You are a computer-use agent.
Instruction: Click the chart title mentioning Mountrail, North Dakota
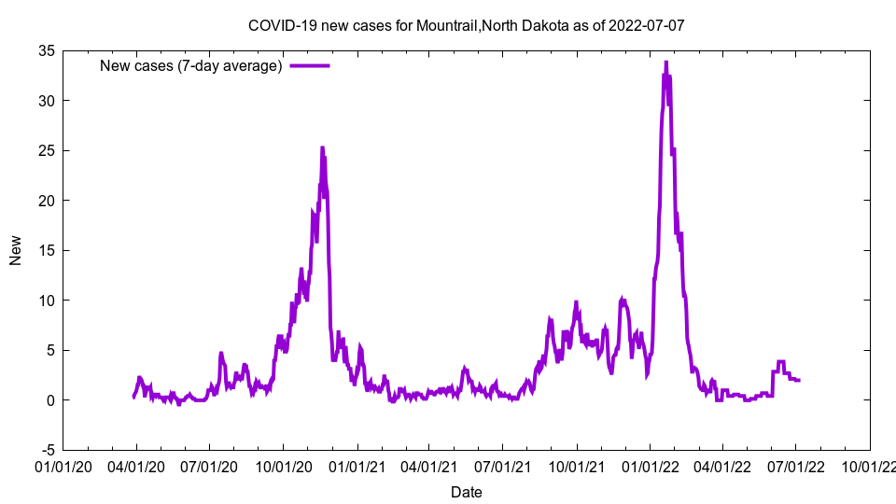466,25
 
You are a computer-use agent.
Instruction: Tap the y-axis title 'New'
16,250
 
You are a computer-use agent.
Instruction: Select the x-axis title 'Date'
466,492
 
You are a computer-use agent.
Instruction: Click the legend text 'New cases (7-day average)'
190,65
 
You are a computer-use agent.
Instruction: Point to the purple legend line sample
310,65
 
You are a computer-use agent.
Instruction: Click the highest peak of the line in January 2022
665,63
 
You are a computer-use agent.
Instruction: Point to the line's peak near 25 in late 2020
322,147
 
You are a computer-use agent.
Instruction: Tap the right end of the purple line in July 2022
800,380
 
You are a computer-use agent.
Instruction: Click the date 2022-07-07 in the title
647,25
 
